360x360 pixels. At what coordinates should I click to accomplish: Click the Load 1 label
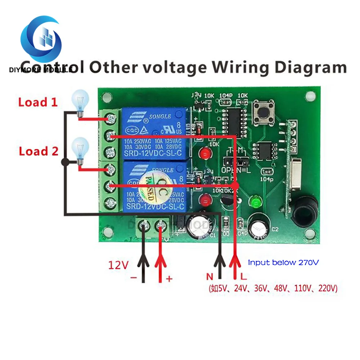(38, 102)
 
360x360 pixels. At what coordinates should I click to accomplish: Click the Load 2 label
(39, 151)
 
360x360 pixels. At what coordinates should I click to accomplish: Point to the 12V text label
(118, 266)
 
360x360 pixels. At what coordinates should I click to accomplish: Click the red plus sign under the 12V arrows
(169, 279)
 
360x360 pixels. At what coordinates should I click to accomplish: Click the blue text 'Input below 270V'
(284, 262)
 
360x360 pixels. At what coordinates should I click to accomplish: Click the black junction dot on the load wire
(65, 162)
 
